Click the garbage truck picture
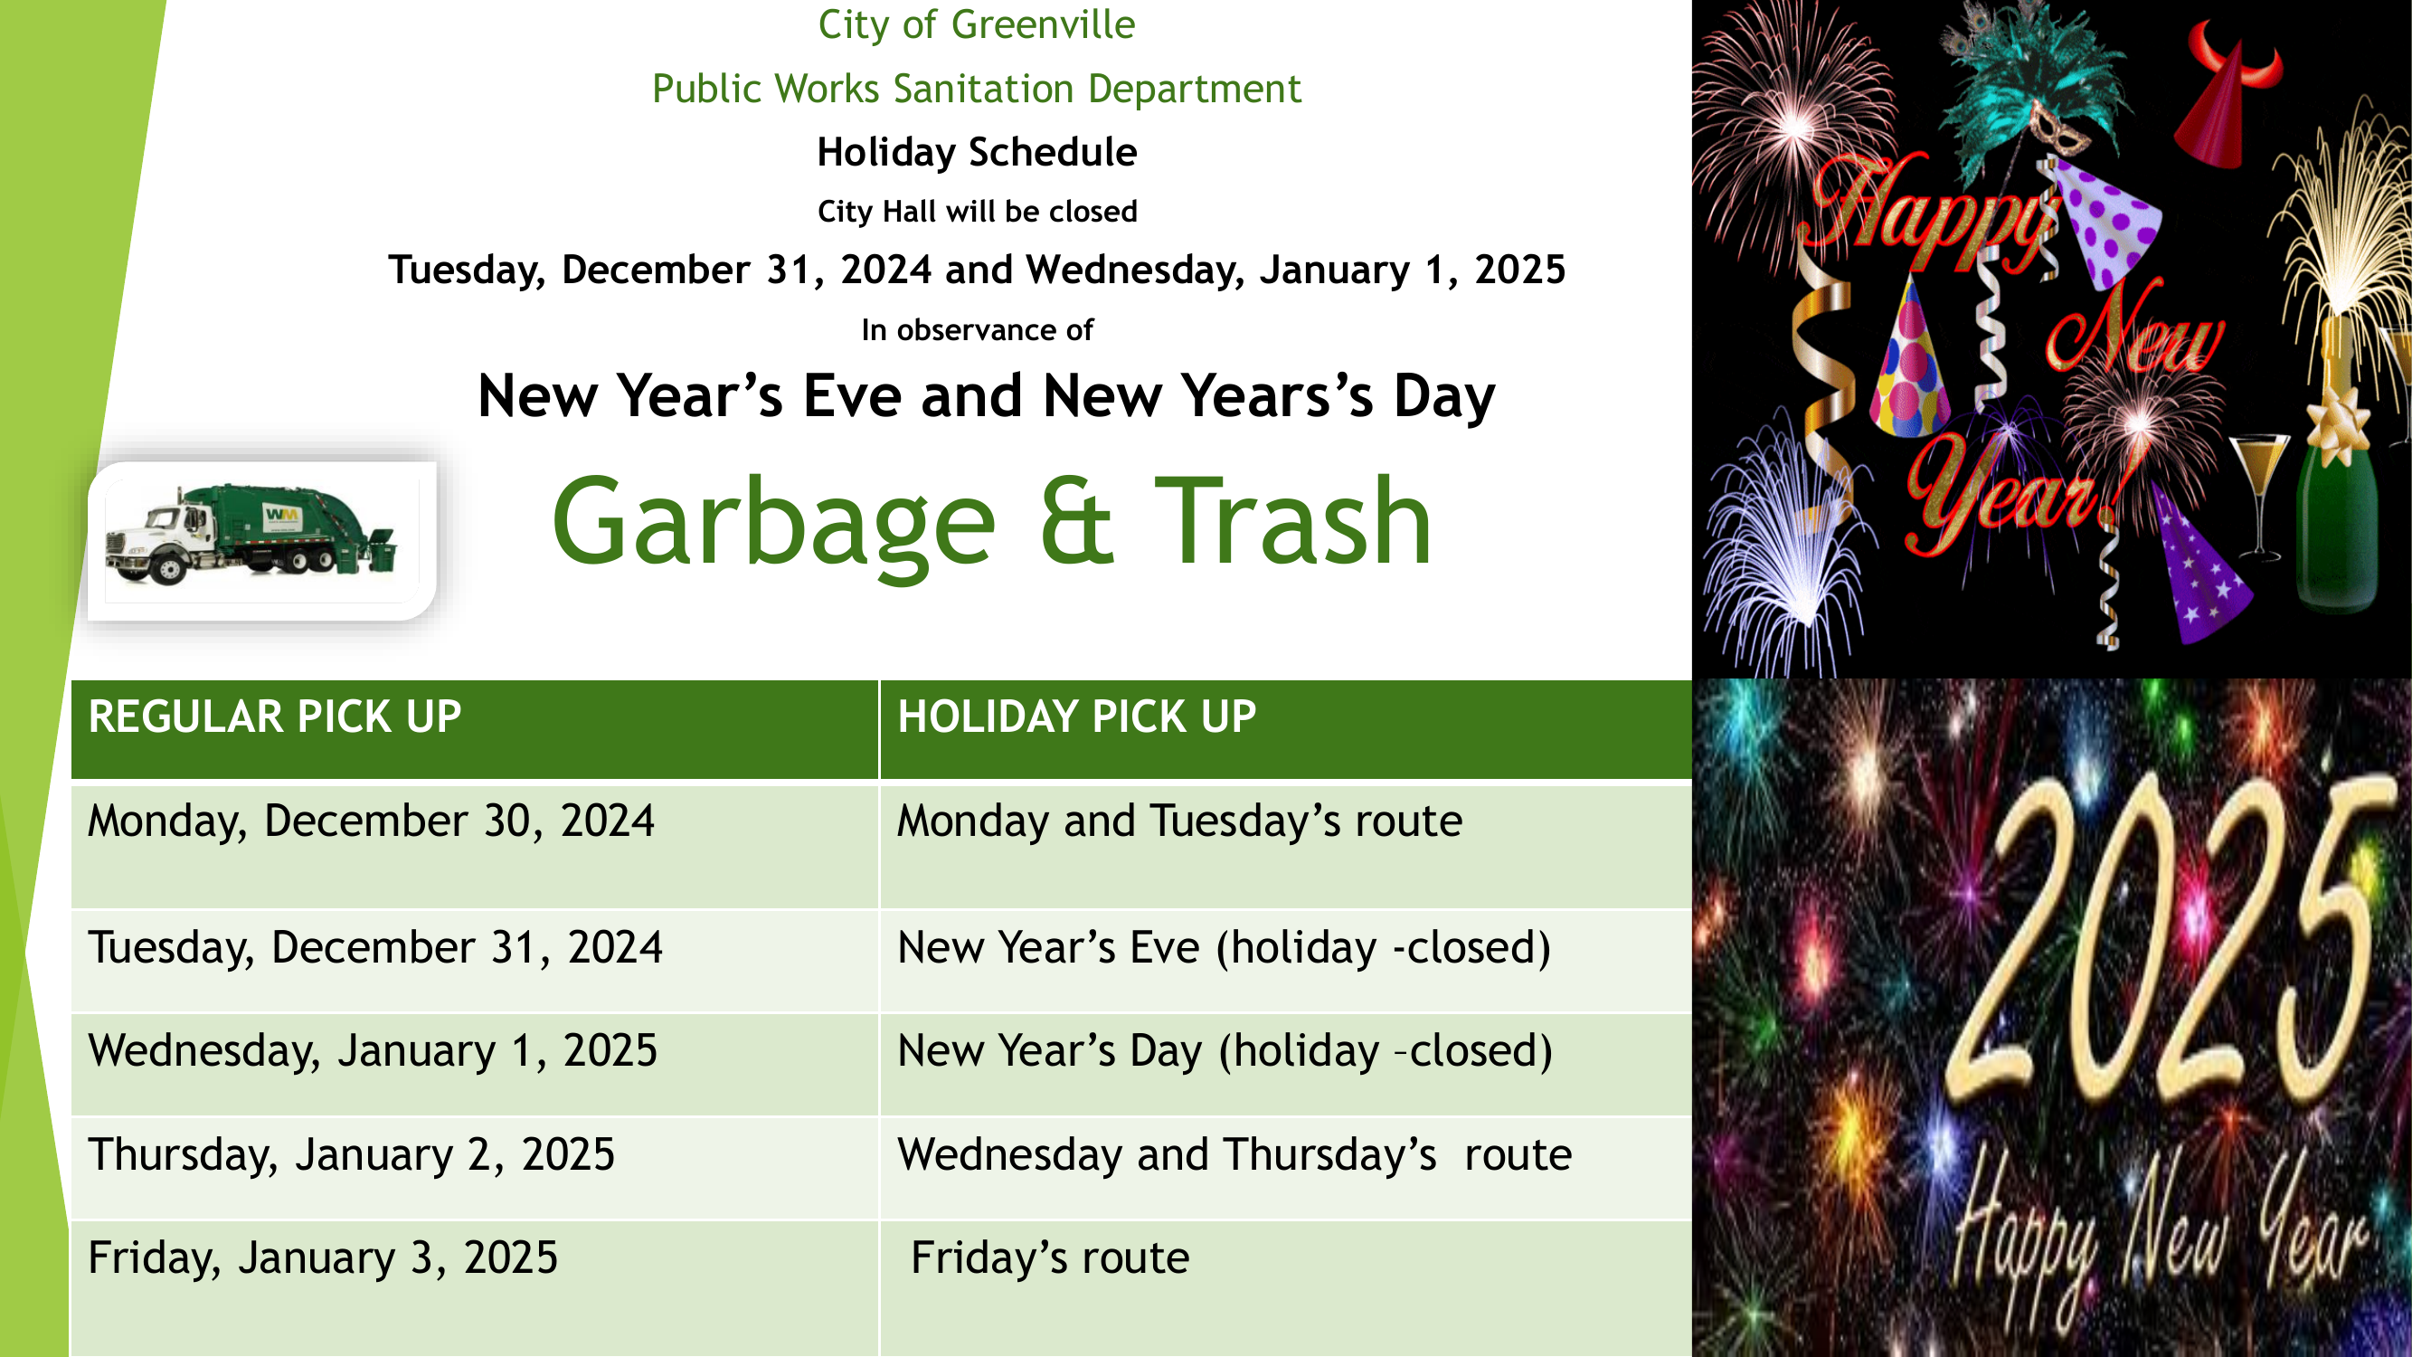point(262,541)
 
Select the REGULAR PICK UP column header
point(475,729)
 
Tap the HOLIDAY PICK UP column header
point(1286,729)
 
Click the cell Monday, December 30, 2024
point(475,845)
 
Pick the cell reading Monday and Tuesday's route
point(1286,845)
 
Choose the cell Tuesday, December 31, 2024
point(475,961)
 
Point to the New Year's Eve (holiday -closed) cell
point(1286,961)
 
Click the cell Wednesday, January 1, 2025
point(475,1065)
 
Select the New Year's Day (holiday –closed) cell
point(1286,1065)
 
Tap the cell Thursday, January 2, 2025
point(475,1169)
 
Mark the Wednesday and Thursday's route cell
point(1286,1169)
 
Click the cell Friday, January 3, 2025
point(475,1288)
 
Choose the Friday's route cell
point(1286,1288)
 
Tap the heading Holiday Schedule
point(977,153)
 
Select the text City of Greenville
point(977,24)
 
